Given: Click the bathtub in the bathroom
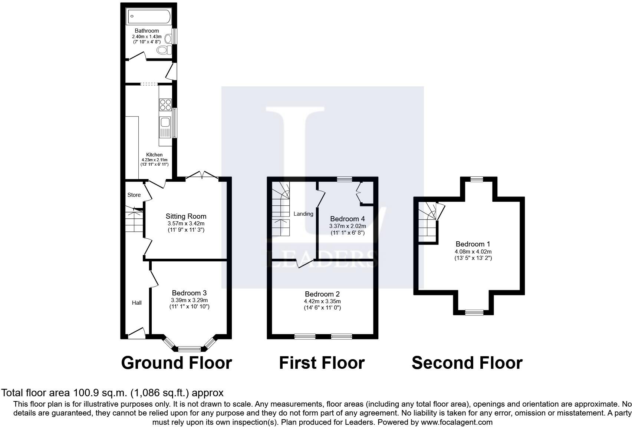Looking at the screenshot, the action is click(x=149, y=16).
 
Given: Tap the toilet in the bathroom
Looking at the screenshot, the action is click(x=164, y=50).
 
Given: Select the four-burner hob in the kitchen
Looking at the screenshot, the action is click(x=165, y=105).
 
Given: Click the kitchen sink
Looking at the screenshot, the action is click(x=165, y=127).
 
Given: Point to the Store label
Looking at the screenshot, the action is click(x=134, y=195).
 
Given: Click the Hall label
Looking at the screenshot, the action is click(x=137, y=302).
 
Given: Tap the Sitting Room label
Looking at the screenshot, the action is click(x=186, y=216).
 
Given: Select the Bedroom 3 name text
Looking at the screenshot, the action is click(x=189, y=293).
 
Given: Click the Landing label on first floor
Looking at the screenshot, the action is click(x=303, y=214).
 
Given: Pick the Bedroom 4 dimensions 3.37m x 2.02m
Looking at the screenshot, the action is click(x=348, y=226).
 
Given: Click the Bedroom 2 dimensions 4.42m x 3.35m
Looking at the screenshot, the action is click(x=322, y=301).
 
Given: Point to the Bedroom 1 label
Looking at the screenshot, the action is click(x=473, y=244).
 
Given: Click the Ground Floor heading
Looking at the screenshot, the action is click(x=177, y=363).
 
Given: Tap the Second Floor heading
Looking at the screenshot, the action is click(x=467, y=363).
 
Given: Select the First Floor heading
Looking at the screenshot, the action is click(x=322, y=363).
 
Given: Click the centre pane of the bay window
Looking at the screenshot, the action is click(x=189, y=349).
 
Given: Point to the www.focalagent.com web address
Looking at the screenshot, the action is click(x=457, y=422).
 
